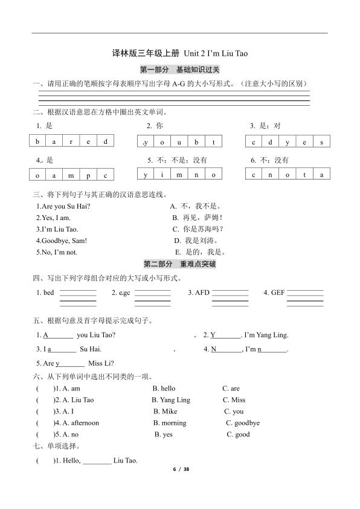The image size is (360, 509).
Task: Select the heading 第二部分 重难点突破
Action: (x=179, y=264)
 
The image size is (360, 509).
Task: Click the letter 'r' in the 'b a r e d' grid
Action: (x=71, y=141)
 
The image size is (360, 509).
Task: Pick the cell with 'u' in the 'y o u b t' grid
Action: (x=180, y=141)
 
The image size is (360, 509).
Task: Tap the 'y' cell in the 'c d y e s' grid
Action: (x=288, y=142)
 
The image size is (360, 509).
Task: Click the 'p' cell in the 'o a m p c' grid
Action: (x=88, y=175)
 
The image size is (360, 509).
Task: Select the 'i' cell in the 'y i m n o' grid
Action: (x=162, y=175)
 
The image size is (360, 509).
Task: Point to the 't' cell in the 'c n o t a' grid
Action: (x=304, y=175)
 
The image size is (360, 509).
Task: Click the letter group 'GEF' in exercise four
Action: (x=278, y=293)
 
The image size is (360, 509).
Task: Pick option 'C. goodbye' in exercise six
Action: (x=242, y=423)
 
